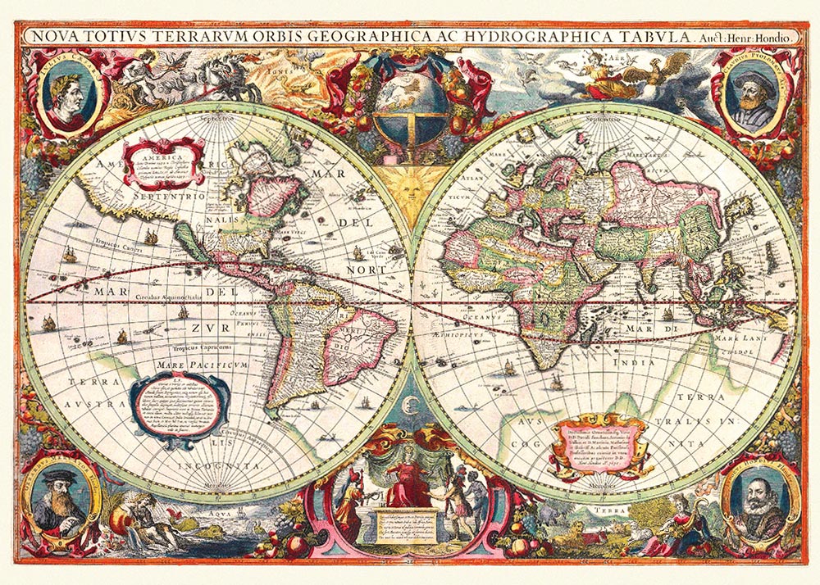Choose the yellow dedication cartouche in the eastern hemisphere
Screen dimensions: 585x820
(603, 443)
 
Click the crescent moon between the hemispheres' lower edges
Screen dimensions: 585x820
(410, 401)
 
